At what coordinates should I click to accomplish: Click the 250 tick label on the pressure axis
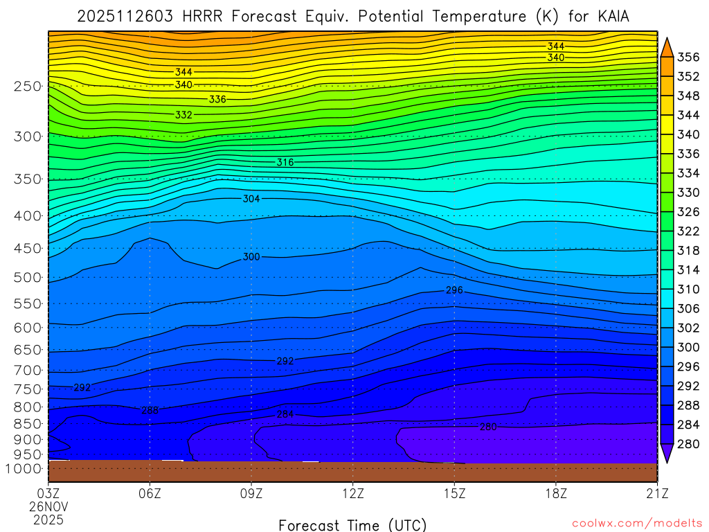click(28, 87)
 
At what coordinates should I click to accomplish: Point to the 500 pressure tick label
click(28, 278)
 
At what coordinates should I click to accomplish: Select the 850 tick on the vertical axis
click(28, 423)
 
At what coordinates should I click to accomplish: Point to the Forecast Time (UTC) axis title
click(352, 524)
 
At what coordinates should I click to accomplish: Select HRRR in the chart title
click(201, 16)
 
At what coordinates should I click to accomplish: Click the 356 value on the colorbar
click(688, 57)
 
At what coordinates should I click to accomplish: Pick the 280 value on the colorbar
click(688, 443)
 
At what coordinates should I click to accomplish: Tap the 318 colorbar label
click(688, 250)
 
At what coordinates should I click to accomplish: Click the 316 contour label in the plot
click(285, 162)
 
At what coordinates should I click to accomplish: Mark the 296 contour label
click(454, 290)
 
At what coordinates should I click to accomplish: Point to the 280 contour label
click(488, 427)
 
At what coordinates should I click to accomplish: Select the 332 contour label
click(183, 115)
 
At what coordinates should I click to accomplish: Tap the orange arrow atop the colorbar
click(667, 46)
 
